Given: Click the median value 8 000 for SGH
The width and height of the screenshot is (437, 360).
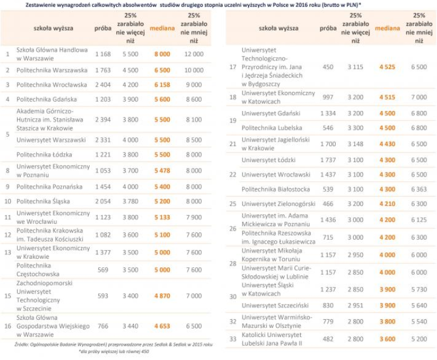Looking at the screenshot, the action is (x=162, y=54).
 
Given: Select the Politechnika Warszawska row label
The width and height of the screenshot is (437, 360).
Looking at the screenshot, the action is (x=52, y=70).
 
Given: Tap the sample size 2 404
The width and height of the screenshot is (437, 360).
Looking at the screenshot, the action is (x=103, y=85).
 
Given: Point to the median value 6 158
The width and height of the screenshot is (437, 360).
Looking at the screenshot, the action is (x=162, y=85).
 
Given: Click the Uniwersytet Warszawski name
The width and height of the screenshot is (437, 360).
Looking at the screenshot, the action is (x=51, y=140).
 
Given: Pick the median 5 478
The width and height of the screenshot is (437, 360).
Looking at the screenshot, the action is (x=162, y=171).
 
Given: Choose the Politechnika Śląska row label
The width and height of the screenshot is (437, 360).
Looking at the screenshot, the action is (x=43, y=201).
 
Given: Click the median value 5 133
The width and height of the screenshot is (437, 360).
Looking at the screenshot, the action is (x=162, y=217).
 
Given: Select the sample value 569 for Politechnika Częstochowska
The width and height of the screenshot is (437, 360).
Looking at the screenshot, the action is (x=103, y=270).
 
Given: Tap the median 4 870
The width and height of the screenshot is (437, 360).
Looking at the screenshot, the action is (x=162, y=296).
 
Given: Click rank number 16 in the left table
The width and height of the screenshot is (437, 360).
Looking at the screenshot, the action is (x=8, y=326).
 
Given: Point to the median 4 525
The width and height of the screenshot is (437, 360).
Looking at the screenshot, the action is (x=388, y=67).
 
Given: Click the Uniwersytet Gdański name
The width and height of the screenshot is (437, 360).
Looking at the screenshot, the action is (x=271, y=113).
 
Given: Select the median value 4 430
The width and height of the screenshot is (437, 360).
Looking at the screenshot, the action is (x=388, y=144).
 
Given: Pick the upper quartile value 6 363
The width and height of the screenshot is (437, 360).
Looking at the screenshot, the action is (x=419, y=189).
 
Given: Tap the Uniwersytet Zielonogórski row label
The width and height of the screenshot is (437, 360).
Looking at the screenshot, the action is (x=278, y=204).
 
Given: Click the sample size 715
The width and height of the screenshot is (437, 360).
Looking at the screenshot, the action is (x=328, y=238).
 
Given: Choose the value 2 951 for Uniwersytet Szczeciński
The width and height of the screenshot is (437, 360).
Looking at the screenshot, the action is (x=355, y=306).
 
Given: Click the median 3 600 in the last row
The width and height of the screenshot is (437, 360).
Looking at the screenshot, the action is (x=388, y=339).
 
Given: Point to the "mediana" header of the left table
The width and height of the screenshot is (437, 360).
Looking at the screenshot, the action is (x=162, y=28).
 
